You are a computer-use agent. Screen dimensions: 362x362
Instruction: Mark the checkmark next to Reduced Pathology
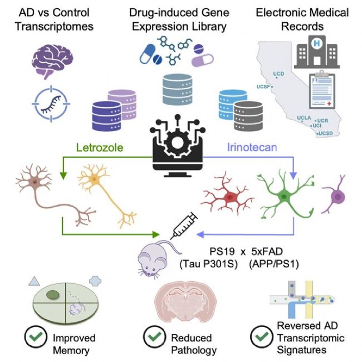tap(154, 337)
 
